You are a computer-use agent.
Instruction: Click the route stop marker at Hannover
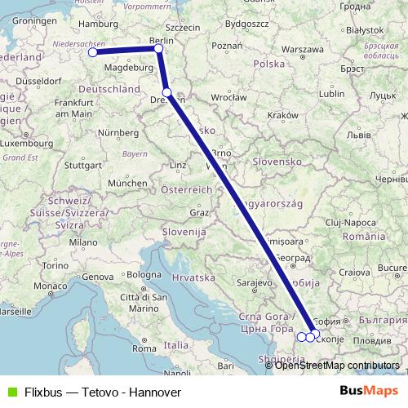click(92, 52)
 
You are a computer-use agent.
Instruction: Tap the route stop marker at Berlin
click(159, 48)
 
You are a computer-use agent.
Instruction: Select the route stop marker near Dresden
click(166, 93)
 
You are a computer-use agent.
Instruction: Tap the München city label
click(126, 184)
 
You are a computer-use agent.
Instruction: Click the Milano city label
click(82, 242)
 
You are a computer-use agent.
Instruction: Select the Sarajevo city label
click(254, 282)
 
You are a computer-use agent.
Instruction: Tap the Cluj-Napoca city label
click(348, 221)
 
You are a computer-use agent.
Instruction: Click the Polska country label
click(268, 64)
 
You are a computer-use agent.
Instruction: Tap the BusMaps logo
click(369, 391)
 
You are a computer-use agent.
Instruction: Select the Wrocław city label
click(230, 97)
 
